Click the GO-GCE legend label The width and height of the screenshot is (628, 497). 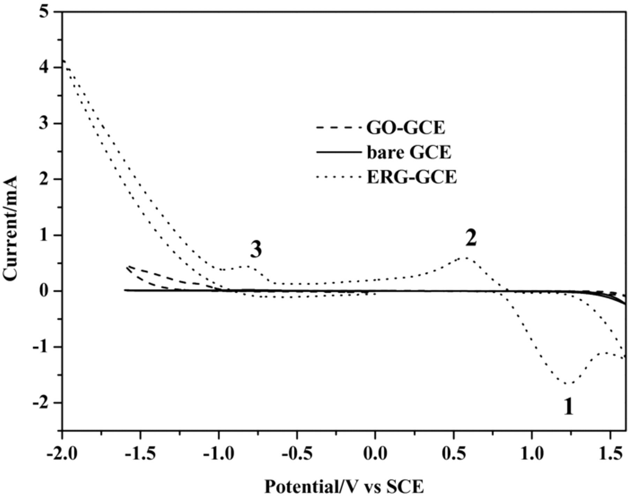[x=406, y=128]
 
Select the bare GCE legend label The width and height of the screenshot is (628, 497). [x=409, y=153]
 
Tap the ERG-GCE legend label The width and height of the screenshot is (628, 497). [x=412, y=178]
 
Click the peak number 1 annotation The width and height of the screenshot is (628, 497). [x=568, y=407]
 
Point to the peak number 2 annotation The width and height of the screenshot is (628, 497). [x=471, y=239]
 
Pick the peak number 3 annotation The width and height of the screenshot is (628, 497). [x=256, y=250]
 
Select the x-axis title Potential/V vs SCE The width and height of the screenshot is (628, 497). [x=344, y=487]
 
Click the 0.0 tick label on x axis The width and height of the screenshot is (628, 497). [x=375, y=455]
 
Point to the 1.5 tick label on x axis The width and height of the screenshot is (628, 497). [x=610, y=455]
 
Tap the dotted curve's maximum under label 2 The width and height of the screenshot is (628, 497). [x=466, y=258]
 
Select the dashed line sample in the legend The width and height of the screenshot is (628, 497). [x=338, y=127]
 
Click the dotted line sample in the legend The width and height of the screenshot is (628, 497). [x=338, y=177]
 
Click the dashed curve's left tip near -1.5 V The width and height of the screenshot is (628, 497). [x=128, y=266]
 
